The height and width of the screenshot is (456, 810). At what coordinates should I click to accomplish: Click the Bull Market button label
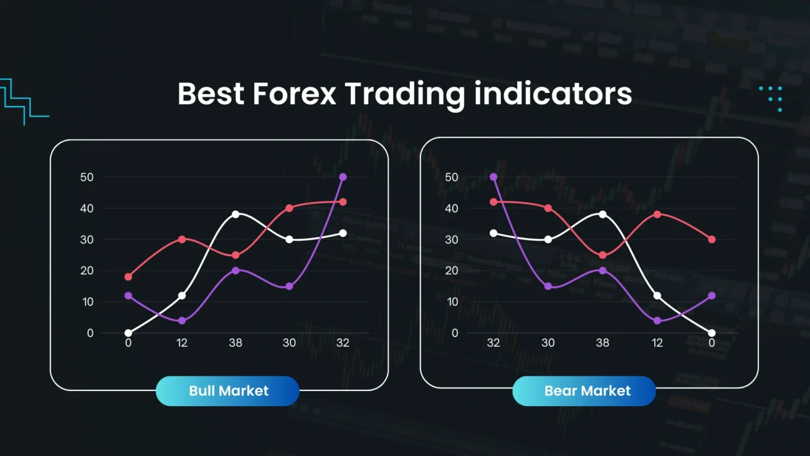click(228, 391)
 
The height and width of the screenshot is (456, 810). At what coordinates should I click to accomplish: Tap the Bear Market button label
click(587, 391)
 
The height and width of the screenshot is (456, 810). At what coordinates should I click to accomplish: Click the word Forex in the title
click(294, 94)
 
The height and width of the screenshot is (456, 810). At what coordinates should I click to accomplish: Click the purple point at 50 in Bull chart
click(343, 177)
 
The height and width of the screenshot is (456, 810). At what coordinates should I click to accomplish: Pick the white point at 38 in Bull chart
click(236, 214)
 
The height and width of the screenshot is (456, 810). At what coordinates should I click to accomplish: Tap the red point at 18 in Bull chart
click(128, 277)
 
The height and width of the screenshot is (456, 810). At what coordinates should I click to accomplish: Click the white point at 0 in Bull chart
click(128, 333)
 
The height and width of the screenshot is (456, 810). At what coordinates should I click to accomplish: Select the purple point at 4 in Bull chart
click(182, 321)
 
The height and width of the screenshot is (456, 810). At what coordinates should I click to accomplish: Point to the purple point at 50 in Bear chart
click(494, 177)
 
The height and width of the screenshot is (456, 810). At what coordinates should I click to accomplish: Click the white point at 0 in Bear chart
click(712, 333)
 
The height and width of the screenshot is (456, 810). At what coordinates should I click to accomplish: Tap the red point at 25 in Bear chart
click(603, 255)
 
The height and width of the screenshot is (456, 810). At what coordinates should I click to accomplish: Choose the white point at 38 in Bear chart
click(603, 214)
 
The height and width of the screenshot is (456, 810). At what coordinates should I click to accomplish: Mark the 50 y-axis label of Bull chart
click(87, 177)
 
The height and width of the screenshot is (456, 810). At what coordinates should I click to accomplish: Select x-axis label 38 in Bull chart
click(236, 342)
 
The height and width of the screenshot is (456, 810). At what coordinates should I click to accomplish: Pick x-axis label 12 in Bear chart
click(657, 342)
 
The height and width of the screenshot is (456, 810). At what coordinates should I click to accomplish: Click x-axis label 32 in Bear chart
click(494, 342)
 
